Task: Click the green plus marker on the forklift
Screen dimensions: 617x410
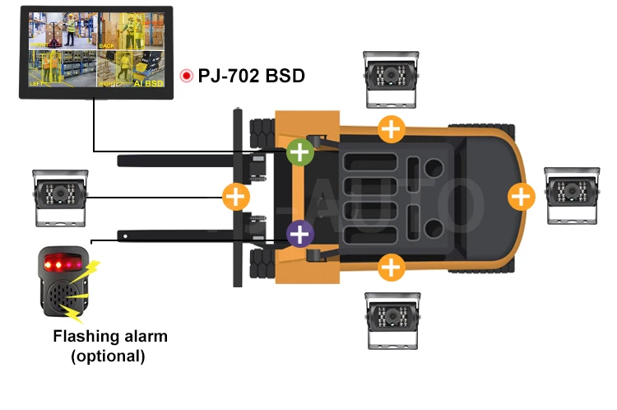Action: tap(300, 151)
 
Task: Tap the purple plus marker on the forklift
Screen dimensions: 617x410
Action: tap(300, 234)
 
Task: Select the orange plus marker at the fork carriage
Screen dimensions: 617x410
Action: tap(236, 196)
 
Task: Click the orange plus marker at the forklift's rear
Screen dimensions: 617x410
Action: tap(521, 196)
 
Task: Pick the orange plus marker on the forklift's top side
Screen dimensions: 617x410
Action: tap(392, 128)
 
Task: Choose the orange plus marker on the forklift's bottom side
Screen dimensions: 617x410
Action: tap(392, 267)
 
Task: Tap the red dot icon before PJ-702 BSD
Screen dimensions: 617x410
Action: tap(188, 77)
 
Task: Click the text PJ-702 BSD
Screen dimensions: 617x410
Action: tap(252, 77)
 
